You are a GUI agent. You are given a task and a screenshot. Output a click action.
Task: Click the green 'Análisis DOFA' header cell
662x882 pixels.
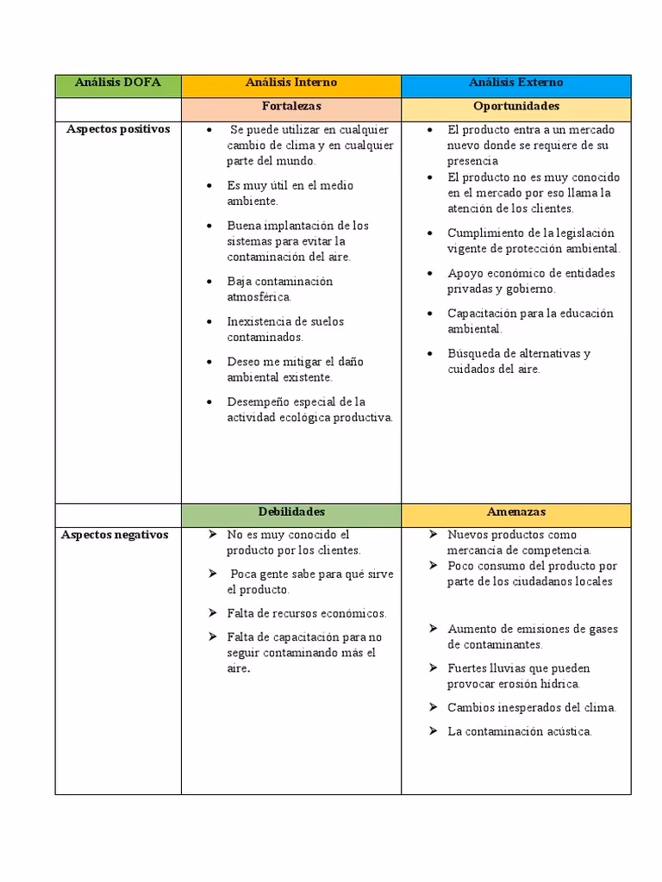(x=117, y=84)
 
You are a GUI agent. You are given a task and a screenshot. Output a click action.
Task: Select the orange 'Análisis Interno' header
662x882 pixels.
(x=290, y=84)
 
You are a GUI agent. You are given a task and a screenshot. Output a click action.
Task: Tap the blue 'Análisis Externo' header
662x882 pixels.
(x=515, y=84)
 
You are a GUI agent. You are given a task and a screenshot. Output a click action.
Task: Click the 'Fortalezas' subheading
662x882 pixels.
(x=290, y=107)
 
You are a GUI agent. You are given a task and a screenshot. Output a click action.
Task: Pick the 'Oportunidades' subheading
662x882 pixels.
(x=515, y=107)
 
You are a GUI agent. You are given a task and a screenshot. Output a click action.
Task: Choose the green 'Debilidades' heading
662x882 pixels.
(x=290, y=512)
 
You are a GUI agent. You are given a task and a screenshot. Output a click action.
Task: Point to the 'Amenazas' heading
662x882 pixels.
(x=515, y=512)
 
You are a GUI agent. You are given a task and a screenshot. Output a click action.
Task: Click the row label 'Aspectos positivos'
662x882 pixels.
(x=118, y=129)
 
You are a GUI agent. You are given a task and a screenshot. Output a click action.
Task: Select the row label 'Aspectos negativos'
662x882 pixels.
(x=115, y=535)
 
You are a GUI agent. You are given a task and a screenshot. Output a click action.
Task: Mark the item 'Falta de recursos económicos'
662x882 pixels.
(x=306, y=613)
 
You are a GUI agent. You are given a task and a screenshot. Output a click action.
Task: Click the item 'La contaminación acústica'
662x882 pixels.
(x=519, y=731)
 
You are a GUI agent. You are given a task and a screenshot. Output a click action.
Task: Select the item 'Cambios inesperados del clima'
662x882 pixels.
(x=531, y=708)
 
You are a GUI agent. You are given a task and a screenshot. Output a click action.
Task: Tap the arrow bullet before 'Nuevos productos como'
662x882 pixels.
(x=433, y=535)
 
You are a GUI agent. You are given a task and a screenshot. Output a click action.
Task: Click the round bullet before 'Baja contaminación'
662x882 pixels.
(x=210, y=282)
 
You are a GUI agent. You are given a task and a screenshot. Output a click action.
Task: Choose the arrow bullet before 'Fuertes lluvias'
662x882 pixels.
(x=433, y=668)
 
